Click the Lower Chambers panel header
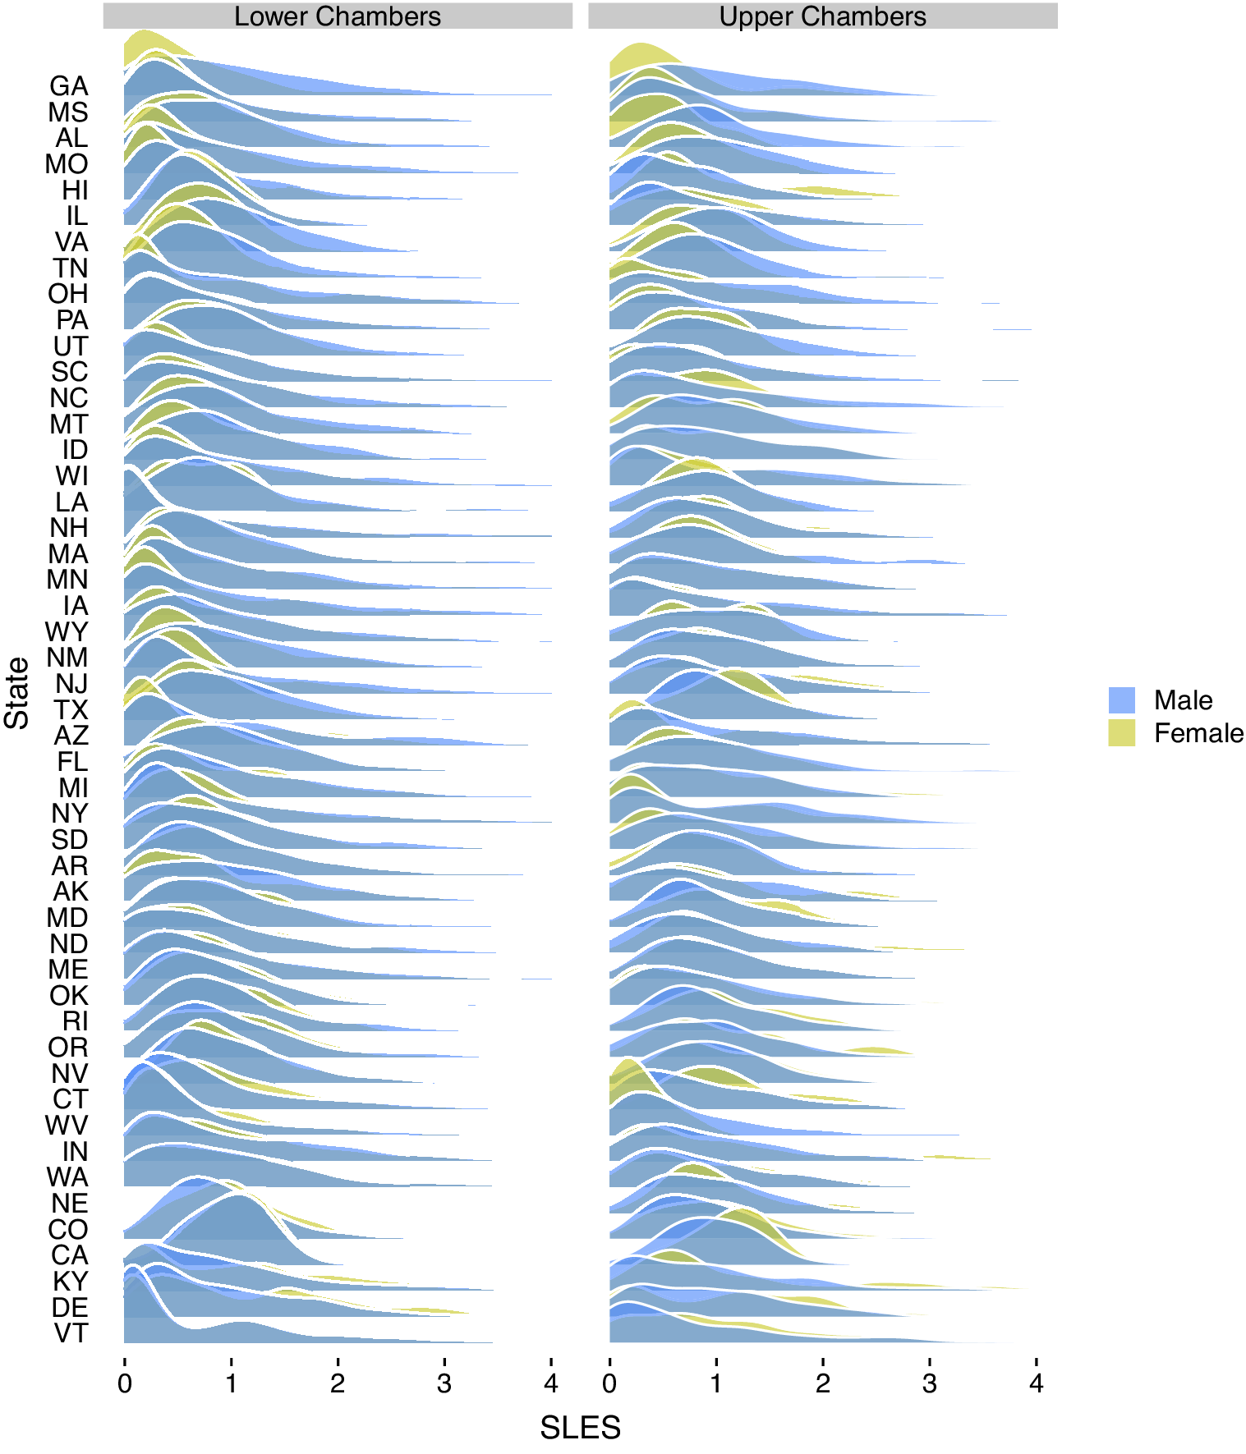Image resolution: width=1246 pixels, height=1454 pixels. (x=338, y=16)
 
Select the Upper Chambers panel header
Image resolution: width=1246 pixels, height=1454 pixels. (x=822, y=16)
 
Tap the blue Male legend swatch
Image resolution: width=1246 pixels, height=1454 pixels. (x=1121, y=700)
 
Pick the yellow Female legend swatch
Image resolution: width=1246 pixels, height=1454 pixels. (x=1121, y=733)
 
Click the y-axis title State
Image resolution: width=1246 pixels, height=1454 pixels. (x=17, y=693)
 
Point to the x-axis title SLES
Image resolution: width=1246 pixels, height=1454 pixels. (x=580, y=1429)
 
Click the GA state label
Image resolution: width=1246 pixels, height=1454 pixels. (x=69, y=86)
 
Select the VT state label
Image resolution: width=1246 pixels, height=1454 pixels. (x=71, y=1333)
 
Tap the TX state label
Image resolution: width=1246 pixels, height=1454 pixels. (x=71, y=710)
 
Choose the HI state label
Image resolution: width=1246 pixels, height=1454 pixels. (x=75, y=190)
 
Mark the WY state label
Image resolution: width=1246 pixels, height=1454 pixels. (x=67, y=632)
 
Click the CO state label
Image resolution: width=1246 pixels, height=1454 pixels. (x=68, y=1230)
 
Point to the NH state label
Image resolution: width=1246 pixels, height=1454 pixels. (x=69, y=528)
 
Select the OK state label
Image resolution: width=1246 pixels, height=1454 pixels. (x=69, y=996)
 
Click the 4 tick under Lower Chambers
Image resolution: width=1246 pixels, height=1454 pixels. (x=551, y=1384)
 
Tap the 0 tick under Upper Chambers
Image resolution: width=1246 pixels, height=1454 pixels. (x=609, y=1384)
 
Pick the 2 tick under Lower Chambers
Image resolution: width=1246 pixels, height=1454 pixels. (x=338, y=1384)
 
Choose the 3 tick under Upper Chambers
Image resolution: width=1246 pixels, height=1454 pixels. (x=930, y=1384)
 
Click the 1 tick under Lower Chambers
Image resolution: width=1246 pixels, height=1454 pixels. (x=231, y=1384)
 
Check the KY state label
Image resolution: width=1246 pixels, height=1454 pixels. (x=71, y=1282)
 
